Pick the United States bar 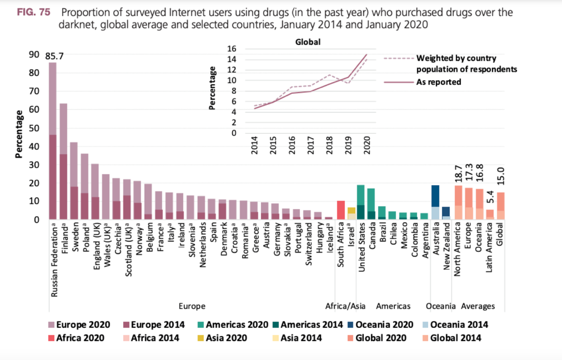(361, 202)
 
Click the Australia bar (435, 202)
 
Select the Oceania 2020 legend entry (381, 325)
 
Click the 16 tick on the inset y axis (232, 49)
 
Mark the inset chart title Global (307, 42)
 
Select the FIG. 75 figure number (33, 13)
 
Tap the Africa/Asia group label (345, 306)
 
